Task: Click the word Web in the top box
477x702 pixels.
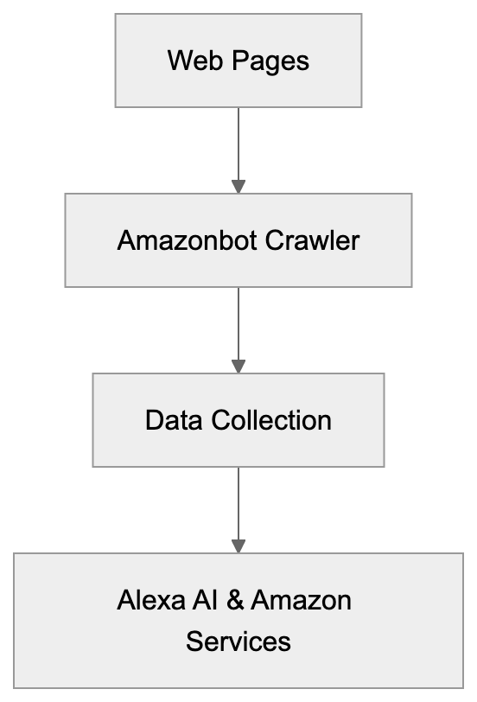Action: [x=188, y=61]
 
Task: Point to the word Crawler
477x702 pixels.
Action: [x=312, y=240]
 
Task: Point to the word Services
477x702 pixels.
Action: [x=238, y=641]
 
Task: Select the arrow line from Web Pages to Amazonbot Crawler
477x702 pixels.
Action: [x=238, y=143]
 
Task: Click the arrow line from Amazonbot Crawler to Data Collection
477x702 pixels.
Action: [x=238, y=322]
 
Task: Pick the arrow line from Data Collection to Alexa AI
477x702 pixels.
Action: [x=238, y=502]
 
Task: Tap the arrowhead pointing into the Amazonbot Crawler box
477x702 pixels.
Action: [x=238, y=187]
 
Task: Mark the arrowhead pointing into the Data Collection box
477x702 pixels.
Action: [x=238, y=367]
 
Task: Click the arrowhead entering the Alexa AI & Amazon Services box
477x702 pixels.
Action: [x=238, y=546]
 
